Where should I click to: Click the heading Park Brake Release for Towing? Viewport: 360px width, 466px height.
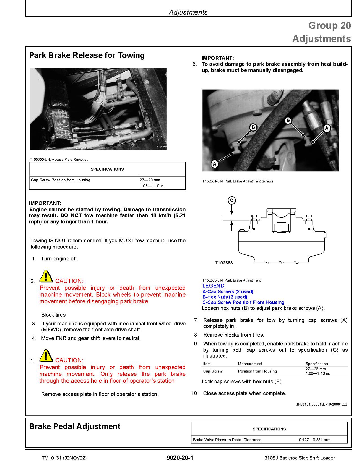coord(87,55)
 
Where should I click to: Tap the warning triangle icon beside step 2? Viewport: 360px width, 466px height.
coord(46,276)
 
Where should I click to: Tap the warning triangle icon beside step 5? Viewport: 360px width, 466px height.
coord(46,356)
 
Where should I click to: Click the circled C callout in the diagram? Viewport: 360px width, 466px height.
coord(232,201)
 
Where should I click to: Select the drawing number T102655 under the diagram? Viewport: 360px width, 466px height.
coord(224,263)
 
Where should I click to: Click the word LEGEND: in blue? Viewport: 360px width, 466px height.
coord(214,286)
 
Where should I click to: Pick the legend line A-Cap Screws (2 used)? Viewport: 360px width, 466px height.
coord(228,291)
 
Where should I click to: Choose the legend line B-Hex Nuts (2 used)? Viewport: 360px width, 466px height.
coord(225,297)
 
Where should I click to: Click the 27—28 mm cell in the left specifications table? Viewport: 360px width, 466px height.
coord(150,180)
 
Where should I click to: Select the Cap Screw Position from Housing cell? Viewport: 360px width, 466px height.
coord(61,180)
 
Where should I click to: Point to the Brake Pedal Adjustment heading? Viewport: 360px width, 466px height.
coord(75,426)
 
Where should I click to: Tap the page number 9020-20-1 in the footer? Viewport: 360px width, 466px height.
coord(180,458)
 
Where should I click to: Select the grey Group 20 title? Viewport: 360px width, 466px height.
coord(329,25)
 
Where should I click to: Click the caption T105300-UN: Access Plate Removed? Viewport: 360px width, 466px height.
coord(59,160)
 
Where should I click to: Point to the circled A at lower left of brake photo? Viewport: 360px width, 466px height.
coord(215,164)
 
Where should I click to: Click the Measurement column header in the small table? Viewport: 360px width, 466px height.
coord(250,364)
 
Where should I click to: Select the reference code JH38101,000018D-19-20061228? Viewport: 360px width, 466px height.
coord(322,404)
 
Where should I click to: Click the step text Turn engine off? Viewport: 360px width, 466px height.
coord(60,259)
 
